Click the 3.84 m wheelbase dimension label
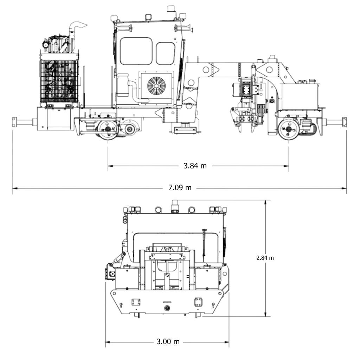[195, 166]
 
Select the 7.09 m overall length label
[180, 188]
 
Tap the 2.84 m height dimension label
[265, 258]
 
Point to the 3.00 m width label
[168, 342]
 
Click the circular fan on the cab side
[156, 85]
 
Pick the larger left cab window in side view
[136, 51]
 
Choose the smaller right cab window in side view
[166, 53]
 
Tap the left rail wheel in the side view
[108, 129]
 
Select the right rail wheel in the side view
[289, 129]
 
